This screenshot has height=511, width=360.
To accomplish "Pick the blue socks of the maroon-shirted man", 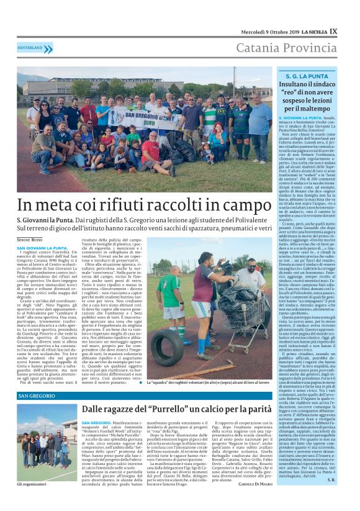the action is click(205, 344).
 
